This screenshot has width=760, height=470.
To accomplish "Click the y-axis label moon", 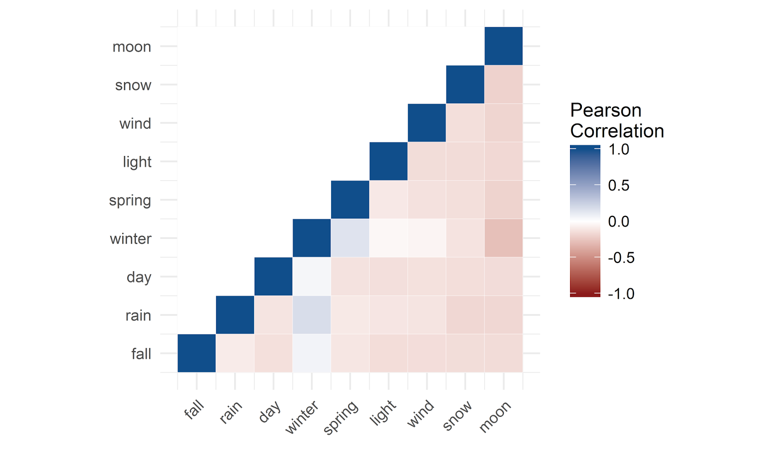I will pyautogui.click(x=132, y=47).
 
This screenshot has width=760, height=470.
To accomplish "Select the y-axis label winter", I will pyautogui.click(x=130, y=238).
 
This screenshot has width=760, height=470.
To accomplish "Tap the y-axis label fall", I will pyautogui.click(x=141, y=353).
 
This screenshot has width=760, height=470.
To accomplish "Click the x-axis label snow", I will pyautogui.click(x=457, y=415).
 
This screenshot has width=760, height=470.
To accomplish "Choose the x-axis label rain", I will pyautogui.click(x=231, y=412).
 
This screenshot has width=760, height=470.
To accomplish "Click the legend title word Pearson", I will pyautogui.click(x=606, y=110).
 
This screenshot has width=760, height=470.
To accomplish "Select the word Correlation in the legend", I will pyautogui.click(x=617, y=131).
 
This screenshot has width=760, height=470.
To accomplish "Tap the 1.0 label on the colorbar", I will pyautogui.click(x=618, y=149).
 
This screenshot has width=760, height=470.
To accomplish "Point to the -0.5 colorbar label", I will pyautogui.click(x=621, y=257).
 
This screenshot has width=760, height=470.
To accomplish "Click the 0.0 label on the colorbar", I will pyautogui.click(x=618, y=221).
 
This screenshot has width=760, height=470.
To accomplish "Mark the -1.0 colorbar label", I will pyautogui.click(x=621, y=294).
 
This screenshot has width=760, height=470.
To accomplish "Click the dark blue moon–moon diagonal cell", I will pyautogui.click(x=503, y=46).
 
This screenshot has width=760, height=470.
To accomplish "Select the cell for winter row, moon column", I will pyautogui.click(x=503, y=238).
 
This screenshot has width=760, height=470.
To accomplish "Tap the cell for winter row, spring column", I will pyautogui.click(x=350, y=238).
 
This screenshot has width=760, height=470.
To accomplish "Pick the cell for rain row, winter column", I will pyautogui.click(x=312, y=314).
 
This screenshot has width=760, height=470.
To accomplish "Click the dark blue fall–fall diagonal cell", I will pyautogui.click(x=197, y=353).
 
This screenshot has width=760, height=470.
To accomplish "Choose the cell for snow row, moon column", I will pyautogui.click(x=503, y=84).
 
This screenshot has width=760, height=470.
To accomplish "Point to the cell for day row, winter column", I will pyautogui.click(x=312, y=276).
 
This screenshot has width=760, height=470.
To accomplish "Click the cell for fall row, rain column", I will pyautogui.click(x=235, y=353).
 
